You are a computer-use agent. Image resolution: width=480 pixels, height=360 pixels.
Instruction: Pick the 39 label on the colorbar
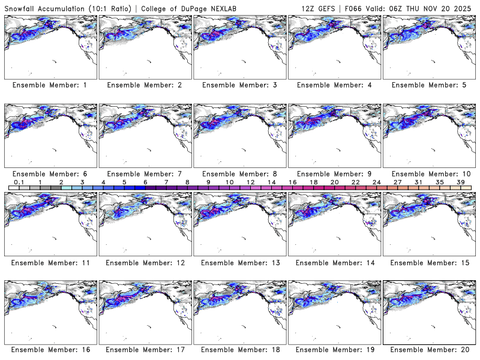[460, 182]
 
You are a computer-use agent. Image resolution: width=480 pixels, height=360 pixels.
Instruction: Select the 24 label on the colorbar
[376, 182]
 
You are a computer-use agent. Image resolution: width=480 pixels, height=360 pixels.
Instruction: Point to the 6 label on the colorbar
[145, 182]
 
